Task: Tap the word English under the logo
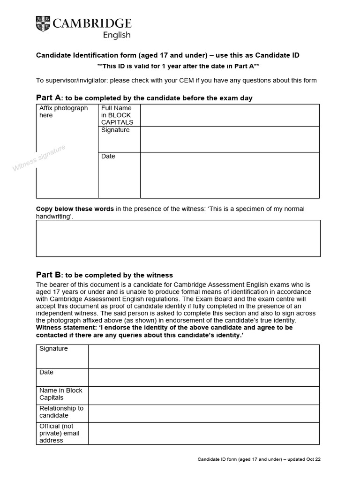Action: [x=117, y=35]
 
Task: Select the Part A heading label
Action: [x=49, y=97]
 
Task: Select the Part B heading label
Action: [x=49, y=275]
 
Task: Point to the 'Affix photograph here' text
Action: [x=63, y=112]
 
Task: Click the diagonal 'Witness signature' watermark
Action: [x=39, y=158]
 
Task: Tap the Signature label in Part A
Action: [x=115, y=130]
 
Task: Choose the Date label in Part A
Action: [x=108, y=156]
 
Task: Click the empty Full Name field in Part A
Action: [x=230, y=115]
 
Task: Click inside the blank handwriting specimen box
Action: [x=178, y=238]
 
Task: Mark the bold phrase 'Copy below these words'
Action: [x=75, y=209]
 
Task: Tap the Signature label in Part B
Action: [x=53, y=349]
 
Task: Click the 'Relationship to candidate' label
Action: [x=61, y=412]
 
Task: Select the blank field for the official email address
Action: [x=203, y=433]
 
